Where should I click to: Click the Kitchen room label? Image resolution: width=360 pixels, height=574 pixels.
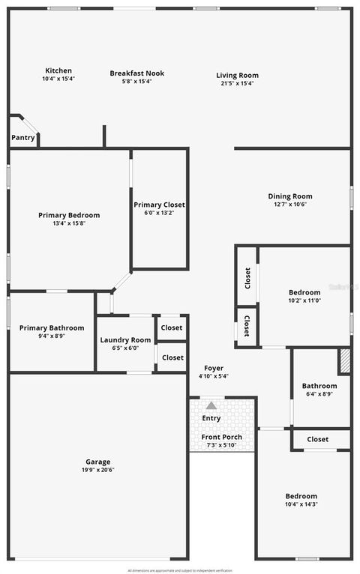pos(58,70)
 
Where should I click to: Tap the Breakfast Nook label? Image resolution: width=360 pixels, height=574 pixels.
pos(136,73)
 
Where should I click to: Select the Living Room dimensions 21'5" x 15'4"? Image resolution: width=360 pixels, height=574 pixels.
pos(237,83)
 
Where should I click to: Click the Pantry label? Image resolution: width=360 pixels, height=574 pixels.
pos(22,138)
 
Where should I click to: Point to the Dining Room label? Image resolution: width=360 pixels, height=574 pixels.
pos(290,196)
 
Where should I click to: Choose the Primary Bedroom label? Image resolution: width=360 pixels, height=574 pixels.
pos(69,215)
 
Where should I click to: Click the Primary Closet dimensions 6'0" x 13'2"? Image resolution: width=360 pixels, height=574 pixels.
pos(159,212)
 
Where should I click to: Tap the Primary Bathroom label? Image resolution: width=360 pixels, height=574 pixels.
pos(52,327)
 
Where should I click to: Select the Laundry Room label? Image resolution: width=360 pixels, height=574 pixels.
pos(126,339)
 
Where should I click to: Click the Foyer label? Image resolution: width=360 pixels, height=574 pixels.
pos(214,369)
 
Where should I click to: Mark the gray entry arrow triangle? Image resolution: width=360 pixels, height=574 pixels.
pos(211,405)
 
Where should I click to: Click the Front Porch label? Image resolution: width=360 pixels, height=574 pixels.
pos(221,437)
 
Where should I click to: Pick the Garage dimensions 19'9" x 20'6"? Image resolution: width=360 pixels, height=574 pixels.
pos(98,470)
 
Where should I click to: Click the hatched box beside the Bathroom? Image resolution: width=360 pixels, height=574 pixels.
pos(344,360)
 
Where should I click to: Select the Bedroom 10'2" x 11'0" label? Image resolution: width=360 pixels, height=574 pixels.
pos(304,292)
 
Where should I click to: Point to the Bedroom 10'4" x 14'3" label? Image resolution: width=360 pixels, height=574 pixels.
pos(301,496)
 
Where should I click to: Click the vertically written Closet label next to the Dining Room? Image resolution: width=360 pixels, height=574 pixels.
pos(247,277)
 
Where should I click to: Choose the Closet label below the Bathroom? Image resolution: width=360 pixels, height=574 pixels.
pos(317,439)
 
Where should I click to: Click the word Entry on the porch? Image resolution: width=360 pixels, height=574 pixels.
pos(211,418)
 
